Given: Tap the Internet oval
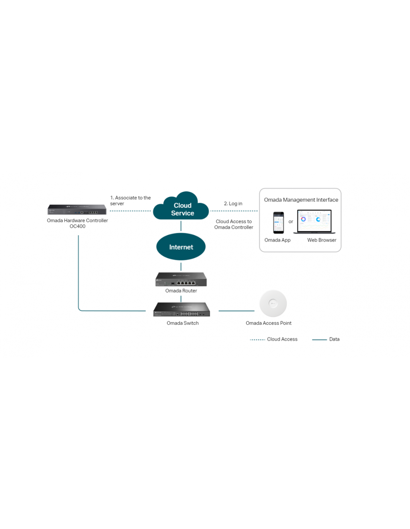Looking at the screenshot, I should [181, 247].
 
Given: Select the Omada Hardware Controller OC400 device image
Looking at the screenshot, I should [77, 210].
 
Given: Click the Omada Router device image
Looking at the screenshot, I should [181, 279].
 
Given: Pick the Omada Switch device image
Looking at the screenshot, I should [182, 310].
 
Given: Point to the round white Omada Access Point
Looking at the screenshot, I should [273, 304].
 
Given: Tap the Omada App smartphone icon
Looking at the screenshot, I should [278, 222].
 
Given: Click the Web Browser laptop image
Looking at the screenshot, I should [314, 222].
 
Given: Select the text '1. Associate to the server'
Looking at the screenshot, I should [130, 201].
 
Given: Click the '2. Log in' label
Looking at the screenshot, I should [233, 203].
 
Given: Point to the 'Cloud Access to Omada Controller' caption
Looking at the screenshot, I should [234, 224].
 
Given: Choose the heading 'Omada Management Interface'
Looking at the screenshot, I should [301, 200].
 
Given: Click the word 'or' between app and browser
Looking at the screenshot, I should [291, 222].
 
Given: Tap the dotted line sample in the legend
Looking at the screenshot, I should [257, 340].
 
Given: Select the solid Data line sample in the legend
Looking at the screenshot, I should [319, 340].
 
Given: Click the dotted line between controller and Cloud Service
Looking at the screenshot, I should [130, 211].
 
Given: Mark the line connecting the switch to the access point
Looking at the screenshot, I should [236, 311].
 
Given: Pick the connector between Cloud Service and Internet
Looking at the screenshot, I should [181, 226].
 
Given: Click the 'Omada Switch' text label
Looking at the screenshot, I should [183, 323].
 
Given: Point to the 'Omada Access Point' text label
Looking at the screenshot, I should [268, 323].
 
